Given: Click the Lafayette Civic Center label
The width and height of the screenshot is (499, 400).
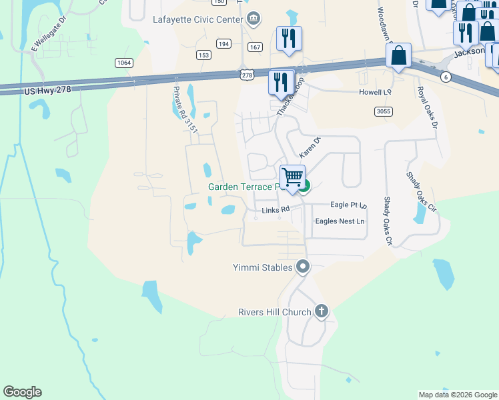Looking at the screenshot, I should click(197, 20).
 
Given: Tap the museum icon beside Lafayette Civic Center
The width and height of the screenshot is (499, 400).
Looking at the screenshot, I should click(254, 19).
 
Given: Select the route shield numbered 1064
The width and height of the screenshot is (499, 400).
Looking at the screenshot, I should click(123, 63).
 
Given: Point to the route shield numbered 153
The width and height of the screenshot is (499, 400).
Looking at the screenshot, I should click(203, 55).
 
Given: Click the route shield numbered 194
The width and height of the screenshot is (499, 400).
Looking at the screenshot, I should click(223, 44).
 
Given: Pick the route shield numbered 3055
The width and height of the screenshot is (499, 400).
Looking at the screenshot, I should click(383, 111).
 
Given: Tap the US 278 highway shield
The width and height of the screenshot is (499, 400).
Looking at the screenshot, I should click(247, 76).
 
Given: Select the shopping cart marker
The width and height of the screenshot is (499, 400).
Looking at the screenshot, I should click(292, 178).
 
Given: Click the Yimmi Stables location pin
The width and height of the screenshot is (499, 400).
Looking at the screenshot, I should click(303, 267).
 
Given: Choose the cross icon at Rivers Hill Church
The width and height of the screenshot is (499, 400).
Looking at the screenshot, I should click(322, 311).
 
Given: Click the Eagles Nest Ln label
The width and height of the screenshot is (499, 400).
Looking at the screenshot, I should click(340, 221).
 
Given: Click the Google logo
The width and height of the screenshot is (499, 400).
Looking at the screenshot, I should click(22, 392).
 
